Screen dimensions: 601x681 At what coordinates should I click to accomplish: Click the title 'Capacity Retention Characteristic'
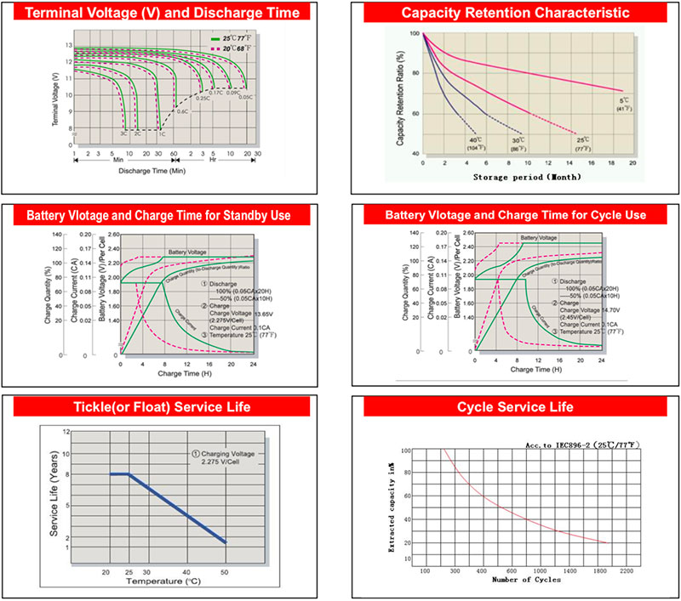click(x=515, y=13)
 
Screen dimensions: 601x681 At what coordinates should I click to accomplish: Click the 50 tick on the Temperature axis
click(x=226, y=573)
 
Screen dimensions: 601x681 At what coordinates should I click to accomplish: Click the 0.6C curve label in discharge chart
click(x=182, y=111)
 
